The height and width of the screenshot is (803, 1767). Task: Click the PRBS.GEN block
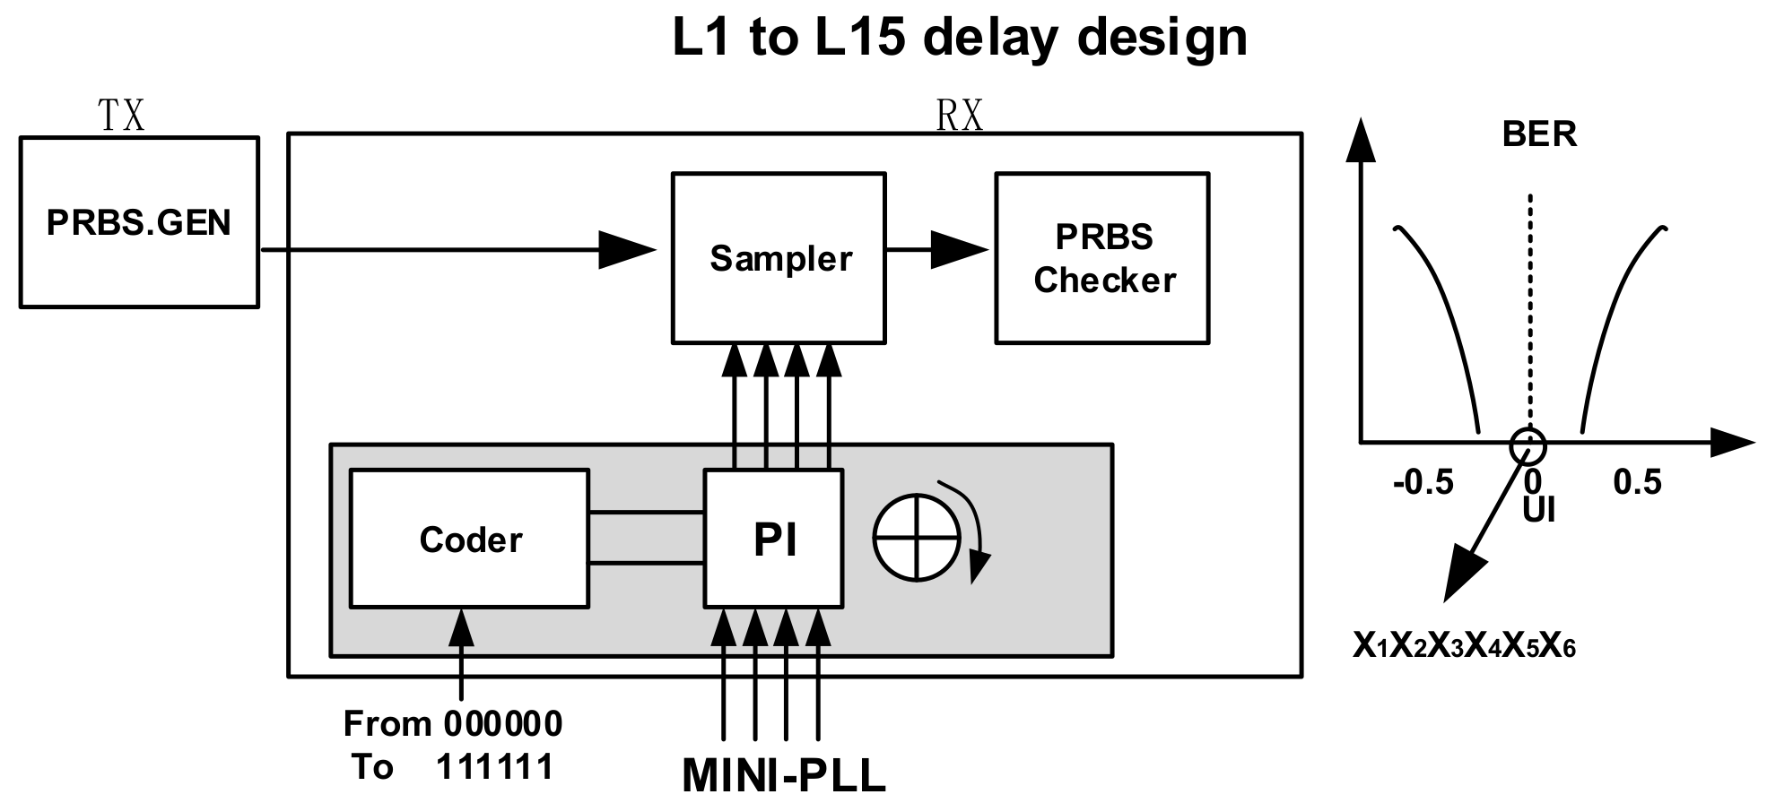[139, 222]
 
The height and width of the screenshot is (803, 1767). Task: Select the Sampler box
[779, 258]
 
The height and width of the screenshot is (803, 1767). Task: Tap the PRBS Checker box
[1102, 258]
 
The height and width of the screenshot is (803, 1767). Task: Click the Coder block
[469, 540]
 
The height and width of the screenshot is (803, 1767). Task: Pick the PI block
[773, 540]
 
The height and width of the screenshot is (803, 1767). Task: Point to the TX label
[121, 117]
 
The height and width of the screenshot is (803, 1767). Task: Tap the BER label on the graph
[1539, 134]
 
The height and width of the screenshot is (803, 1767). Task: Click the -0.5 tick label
[1423, 483]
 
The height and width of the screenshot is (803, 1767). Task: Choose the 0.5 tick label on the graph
[1637, 483]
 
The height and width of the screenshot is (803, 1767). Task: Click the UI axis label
[1539, 511]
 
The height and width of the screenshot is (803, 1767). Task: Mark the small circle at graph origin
[1528, 444]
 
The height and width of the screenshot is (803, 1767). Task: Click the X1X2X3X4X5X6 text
[1464, 646]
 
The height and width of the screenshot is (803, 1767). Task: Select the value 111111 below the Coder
[494, 767]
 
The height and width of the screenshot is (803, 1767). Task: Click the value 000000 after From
[502, 724]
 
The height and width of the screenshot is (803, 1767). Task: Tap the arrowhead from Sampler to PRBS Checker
[958, 249]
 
